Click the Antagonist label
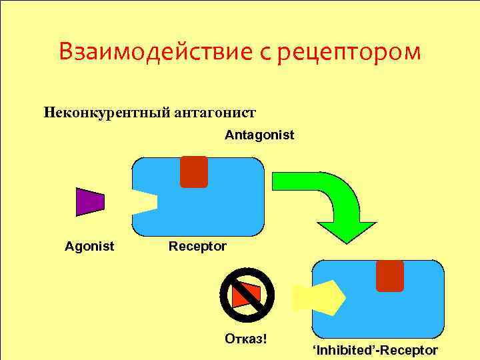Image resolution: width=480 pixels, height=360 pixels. [259, 135]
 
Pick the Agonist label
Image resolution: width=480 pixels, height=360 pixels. [89, 247]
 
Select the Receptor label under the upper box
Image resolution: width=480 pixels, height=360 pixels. [197, 247]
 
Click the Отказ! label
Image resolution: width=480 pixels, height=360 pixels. [245, 338]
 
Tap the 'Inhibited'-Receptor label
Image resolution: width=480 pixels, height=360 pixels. [375, 350]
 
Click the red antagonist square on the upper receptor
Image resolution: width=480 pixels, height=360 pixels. [194, 171]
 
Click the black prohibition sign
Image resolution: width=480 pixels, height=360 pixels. [247, 295]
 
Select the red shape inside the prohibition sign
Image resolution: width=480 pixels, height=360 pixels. [247, 295]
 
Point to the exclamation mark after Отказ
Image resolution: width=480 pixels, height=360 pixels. [264, 338]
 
